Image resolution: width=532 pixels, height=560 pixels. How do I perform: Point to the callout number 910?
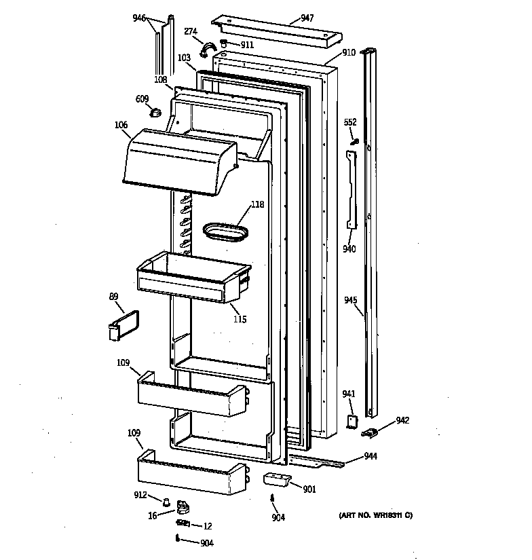pyautogui.click(x=349, y=52)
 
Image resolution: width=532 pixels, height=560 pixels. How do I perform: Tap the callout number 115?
pyautogui.click(x=240, y=319)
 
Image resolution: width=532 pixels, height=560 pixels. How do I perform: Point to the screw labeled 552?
pyautogui.click(x=354, y=141)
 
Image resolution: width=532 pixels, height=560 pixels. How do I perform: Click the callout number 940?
pyautogui.click(x=349, y=249)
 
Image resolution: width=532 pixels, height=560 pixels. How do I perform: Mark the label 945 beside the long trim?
pyautogui.click(x=350, y=299)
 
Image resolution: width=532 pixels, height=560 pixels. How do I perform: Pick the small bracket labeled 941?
pyautogui.click(x=352, y=422)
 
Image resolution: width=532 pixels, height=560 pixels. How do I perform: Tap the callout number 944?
pyautogui.click(x=370, y=457)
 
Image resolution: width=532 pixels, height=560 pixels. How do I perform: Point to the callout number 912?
pyautogui.click(x=140, y=495)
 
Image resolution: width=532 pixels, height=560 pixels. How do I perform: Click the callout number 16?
pyautogui.click(x=153, y=515)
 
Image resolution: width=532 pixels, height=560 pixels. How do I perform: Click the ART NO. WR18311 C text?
pyautogui.click(x=375, y=516)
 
